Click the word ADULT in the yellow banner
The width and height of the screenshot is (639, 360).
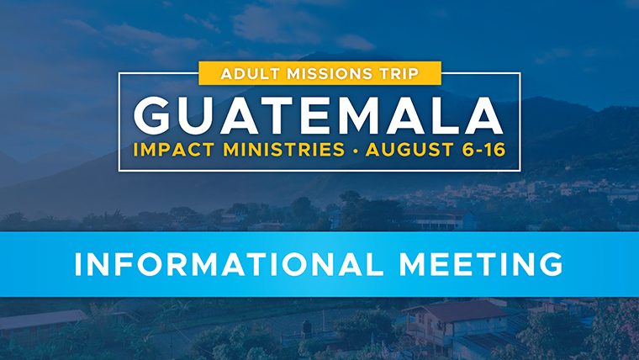coord(251,74)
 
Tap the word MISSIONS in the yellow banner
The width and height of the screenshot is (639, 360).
coord(330,74)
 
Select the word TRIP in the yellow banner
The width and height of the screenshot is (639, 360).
coord(399,74)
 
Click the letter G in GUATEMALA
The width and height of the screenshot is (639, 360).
coord(152,116)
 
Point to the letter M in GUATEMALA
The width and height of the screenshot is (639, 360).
coord(356,116)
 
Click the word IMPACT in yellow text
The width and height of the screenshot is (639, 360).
coord(174,150)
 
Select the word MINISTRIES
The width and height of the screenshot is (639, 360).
coord(283,150)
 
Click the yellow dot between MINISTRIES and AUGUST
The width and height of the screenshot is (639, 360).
coord(356,151)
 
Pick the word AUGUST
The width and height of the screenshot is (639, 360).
coord(409,150)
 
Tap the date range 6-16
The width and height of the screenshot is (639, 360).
coord(484,150)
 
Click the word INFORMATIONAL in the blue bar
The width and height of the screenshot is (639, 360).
coord(229,264)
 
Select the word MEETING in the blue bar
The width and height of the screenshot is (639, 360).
coord(481,264)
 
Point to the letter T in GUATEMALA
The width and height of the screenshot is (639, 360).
coord(278,116)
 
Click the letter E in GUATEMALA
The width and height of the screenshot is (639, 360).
coord(314,116)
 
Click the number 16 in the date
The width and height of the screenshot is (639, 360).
coord(494,150)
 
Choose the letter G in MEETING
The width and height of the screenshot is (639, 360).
coord(552,264)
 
